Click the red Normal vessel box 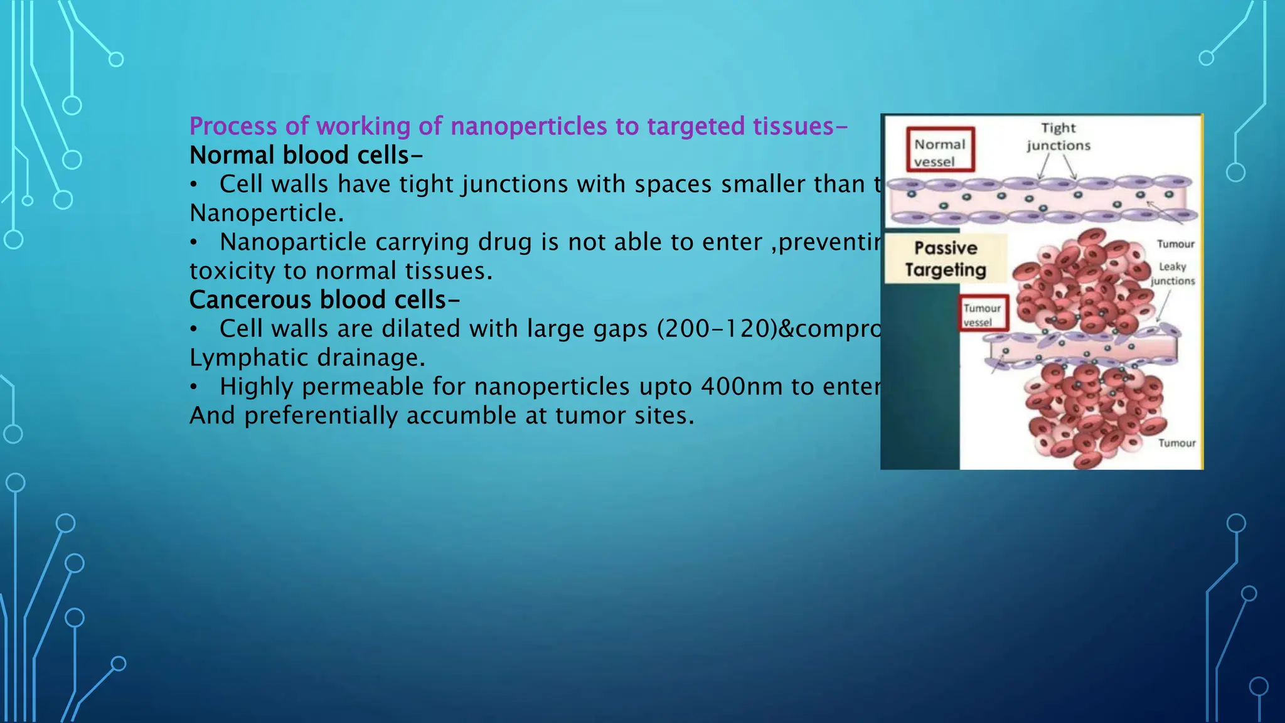[940, 150]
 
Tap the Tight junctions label [1058, 137]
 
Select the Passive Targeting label [946, 259]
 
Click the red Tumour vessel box [983, 314]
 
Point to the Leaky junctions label [1172, 274]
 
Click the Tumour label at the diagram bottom [1176, 443]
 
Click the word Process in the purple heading [233, 127]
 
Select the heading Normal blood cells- [306, 155]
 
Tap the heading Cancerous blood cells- [324, 300]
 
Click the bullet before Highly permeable [195, 387]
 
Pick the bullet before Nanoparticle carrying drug [195, 243]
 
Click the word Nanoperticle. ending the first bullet [267, 213]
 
